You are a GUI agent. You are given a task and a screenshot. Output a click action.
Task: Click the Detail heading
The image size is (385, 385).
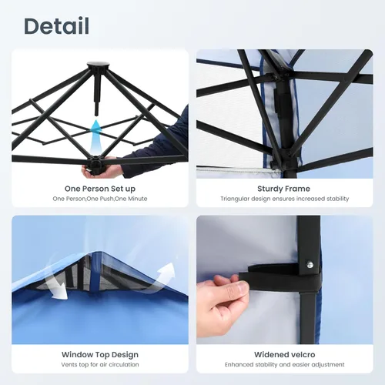tap(56, 26)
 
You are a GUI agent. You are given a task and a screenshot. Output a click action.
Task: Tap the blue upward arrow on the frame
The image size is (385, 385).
tap(96, 136)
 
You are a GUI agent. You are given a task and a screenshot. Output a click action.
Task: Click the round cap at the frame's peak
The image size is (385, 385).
tap(98, 65)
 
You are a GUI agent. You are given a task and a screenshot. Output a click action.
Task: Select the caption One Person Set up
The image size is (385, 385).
tap(100, 189)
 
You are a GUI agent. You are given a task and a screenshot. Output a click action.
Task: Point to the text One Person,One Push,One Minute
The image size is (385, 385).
tap(100, 199)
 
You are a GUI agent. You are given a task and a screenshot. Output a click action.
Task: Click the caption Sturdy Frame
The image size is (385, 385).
tap(283, 189)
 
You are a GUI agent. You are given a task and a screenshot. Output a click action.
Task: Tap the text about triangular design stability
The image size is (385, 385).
tap(285, 199)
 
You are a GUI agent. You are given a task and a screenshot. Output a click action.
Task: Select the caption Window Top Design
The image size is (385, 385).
tap(100, 354)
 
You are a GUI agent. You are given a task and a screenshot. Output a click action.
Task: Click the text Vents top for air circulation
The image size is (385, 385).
tap(100, 364)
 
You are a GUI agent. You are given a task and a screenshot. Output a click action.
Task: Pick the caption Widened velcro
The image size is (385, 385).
tap(285, 354)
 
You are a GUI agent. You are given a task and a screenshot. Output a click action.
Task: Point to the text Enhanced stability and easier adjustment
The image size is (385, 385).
tap(285, 364)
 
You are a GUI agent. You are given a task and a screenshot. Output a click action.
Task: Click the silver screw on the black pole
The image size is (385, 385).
tap(310, 264)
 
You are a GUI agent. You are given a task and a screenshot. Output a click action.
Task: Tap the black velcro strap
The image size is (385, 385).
tap(280, 279)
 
